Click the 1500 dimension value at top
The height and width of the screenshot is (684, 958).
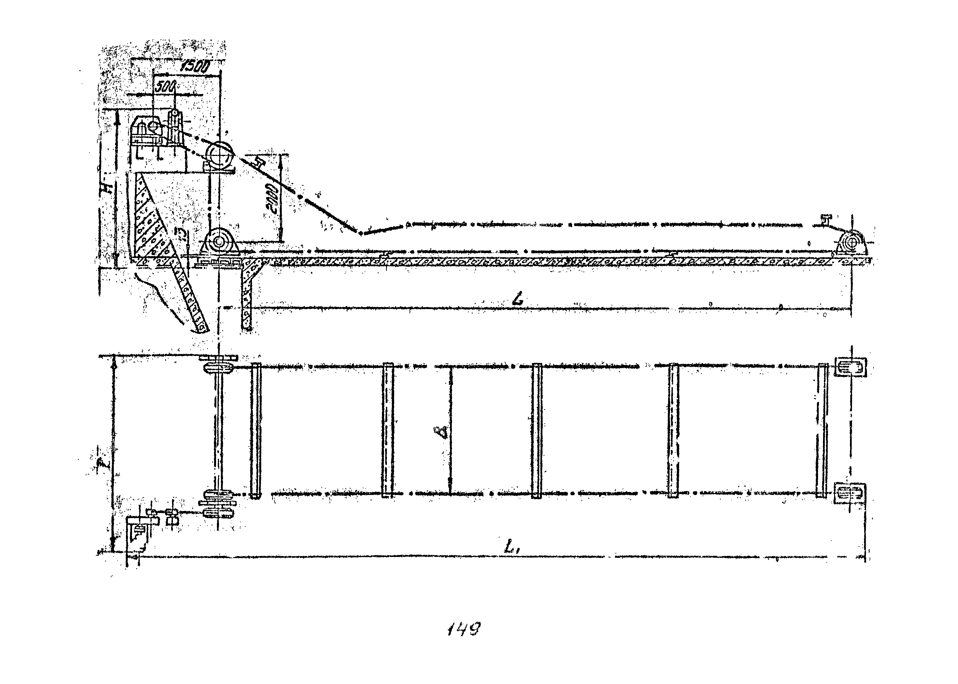tap(195, 66)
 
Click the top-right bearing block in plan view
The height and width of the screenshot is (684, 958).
tap(850, 366)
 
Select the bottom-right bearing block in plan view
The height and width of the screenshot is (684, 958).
tap(850, 494)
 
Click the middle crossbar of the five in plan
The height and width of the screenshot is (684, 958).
tap(536, 430)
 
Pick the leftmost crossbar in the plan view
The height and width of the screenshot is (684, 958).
tap(256, 430)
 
